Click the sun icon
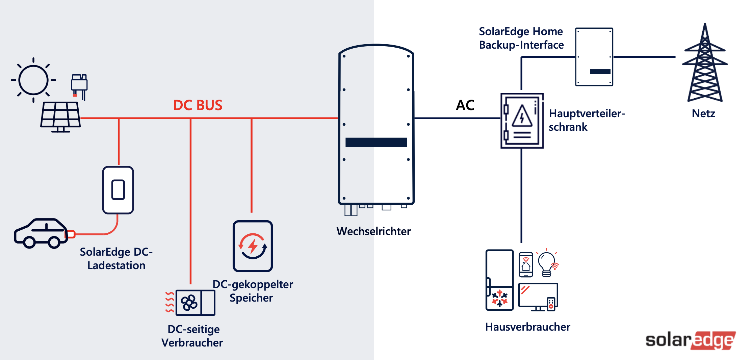point(33,80)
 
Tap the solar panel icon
point(60,116)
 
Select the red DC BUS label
point(198,105)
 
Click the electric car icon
point(41,233)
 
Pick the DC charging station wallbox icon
point(118,190)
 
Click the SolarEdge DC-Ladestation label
point(116,259)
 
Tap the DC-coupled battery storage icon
point(253,246)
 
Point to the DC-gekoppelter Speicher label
point(252,291)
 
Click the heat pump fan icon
point(189,303)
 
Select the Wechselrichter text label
point(373,231)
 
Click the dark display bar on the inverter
point(376,142)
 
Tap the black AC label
point(465,105)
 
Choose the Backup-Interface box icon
point(594,57)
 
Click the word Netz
point(703,113)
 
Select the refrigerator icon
point(499,280)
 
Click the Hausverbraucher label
point(527,327)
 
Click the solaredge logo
point(691,340)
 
